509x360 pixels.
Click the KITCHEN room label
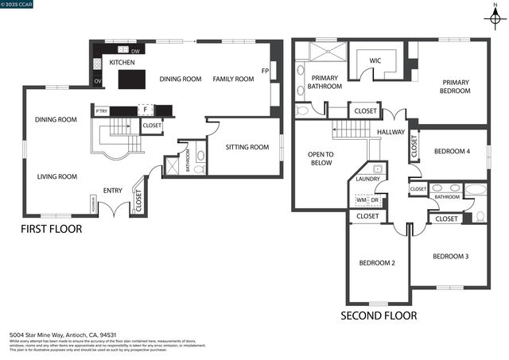(x=122, y=62)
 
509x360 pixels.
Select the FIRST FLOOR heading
(x=51, y=229)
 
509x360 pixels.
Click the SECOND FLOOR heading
(x=379, y=315)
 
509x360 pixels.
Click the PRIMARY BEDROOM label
(x=456, y=86)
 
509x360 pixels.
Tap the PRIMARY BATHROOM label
(x=324, y=81)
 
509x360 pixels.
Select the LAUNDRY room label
(x=367, y=179)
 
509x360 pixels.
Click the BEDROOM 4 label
(x=452, y=151)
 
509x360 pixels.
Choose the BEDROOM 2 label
(x=377, y=263)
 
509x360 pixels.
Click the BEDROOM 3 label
(x=450, y=256)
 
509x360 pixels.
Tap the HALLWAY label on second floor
(x=391, y=132)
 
